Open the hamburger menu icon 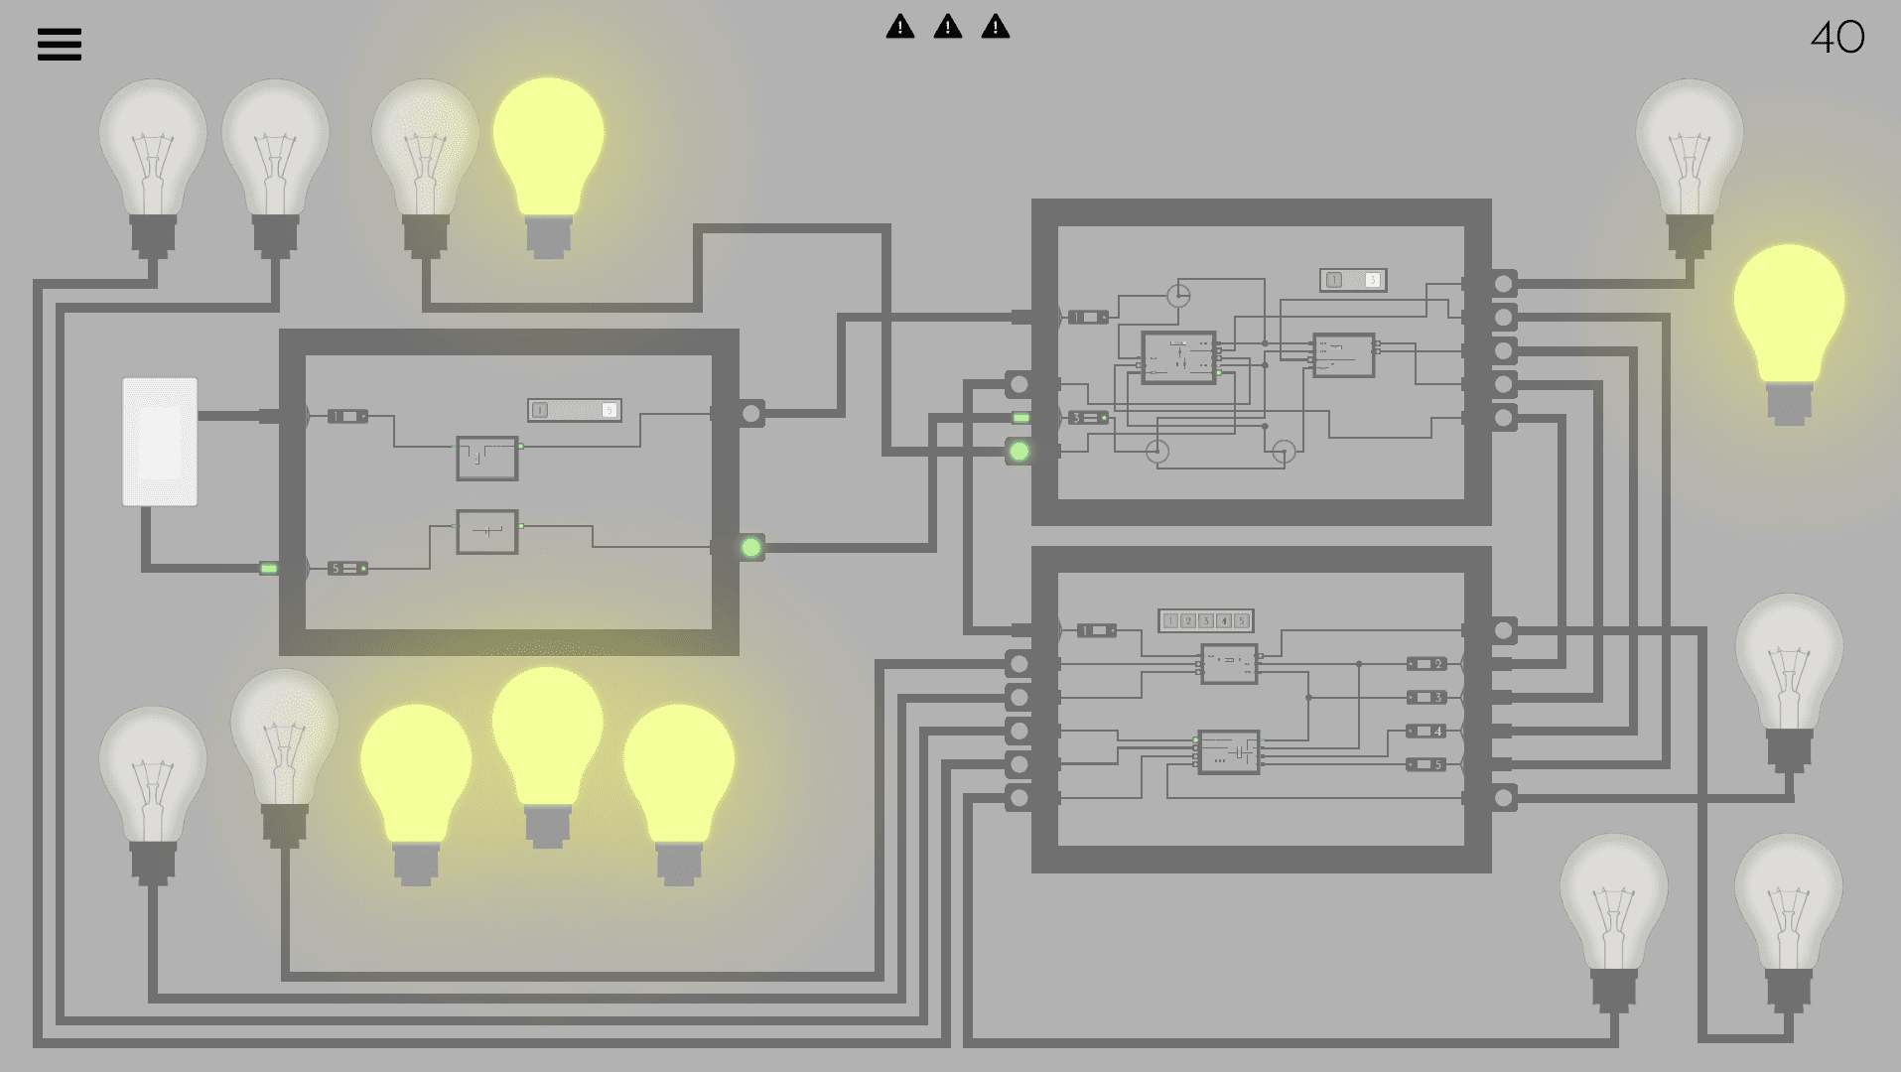pyautogui.click(x=60, y=45)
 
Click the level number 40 pyautogui.click(x=1836, y=39)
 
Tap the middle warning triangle pyautogui.click(x=948, y=27)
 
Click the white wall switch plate pyautogui.click(x=160, y=442)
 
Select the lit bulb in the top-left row pyautogui.click(x=548, y=149)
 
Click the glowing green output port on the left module pyautogui.click(x=751, y=547)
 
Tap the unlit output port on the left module pyautogui.click(x=751, y=413)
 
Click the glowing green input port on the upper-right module pyautogui.click(x=1018, y=452)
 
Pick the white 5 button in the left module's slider pyautogui.click(x=609, y=410)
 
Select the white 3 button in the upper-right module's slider pyautogui.click(x=1372, y=280)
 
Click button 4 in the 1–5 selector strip pyautogui.click(x=1223, y=620)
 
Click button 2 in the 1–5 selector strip pyautogui.click(x=1187, y=620)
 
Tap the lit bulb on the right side pyautogui.click(x=1789, y=318)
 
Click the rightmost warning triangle pyautogui.click(x=996, y=27)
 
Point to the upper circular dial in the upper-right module pyautogui.click(x=1178, y=295)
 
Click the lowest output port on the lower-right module pyautogui.click(x=1504, y=798)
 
